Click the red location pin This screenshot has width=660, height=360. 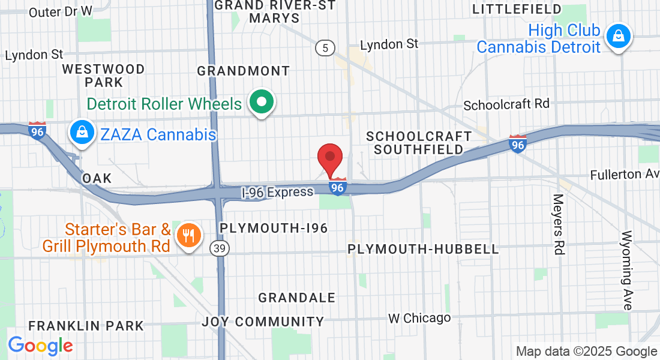[329, 158]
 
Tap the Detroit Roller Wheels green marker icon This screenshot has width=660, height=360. [262, 103]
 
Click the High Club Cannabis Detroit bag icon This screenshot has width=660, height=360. [617, 37]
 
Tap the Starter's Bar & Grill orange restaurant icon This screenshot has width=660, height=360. [189, 236]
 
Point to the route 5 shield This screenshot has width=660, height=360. [325, 49]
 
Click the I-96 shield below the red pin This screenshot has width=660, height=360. [338, 187]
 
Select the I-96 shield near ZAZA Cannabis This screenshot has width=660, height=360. [37, 131]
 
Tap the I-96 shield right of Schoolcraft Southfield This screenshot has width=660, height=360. [518, 143]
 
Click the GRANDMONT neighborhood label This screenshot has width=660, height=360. [244, 71]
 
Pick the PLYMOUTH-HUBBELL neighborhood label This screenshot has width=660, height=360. [423, 248]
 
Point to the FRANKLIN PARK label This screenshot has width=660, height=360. [86, 326]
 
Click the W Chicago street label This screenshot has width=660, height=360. [419, 318]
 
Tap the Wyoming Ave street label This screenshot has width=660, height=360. [628, 269]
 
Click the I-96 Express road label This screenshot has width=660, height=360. [277, 192]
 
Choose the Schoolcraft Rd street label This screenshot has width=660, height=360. [506, 104]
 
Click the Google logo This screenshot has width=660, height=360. [40, 346]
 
